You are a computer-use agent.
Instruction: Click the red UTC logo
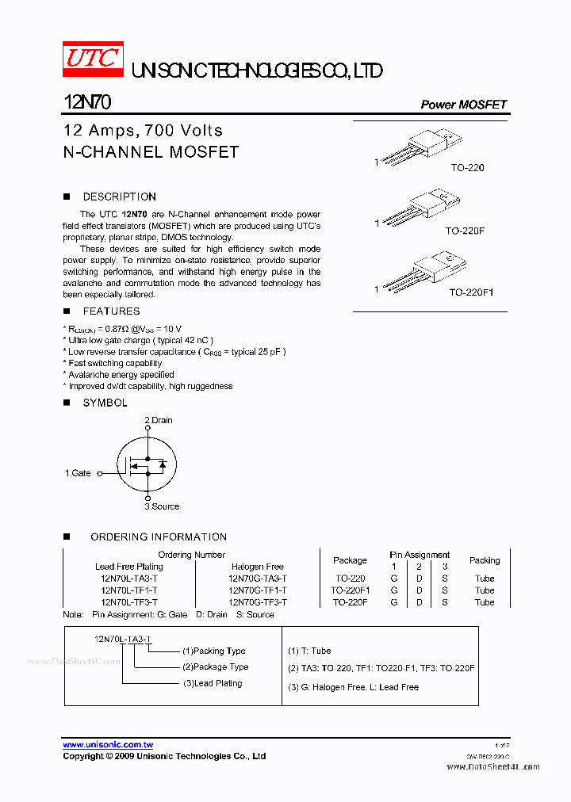(93, 59)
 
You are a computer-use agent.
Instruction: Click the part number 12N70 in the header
(87, 103)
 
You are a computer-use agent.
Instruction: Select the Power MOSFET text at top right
(463, 105)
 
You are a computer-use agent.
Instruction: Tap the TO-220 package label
(467, 168)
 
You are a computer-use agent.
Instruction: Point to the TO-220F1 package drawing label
(471, 292)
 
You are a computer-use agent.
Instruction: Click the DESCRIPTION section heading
(119, 197)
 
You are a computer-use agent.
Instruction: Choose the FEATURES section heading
(111, 311)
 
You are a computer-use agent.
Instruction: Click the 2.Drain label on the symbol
(158, 420)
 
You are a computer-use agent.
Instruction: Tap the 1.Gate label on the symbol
(78, 473)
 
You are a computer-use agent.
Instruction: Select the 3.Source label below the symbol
(162, 506)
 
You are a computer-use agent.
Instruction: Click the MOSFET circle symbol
(147, 464)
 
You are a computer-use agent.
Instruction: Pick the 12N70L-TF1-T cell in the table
(129, 590)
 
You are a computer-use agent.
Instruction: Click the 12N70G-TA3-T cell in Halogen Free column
(257, 579)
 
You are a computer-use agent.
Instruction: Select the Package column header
(350, 560)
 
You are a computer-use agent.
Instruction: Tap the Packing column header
(484, 560)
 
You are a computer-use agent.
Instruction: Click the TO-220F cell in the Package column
(350, 602)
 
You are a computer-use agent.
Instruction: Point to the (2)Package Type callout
(215, 666)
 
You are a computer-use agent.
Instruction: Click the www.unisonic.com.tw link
(108, 745)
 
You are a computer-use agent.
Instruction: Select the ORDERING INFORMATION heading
(159, 537)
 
